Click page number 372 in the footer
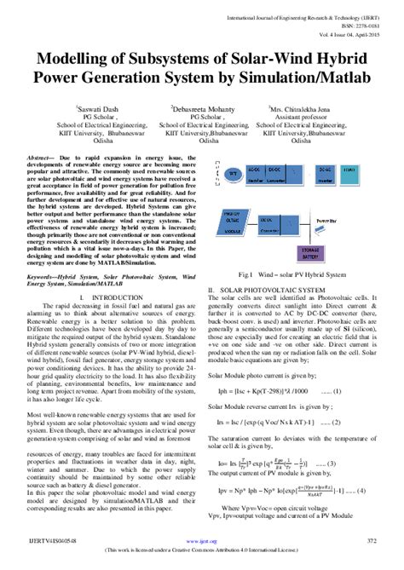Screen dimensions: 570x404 click(372, 551)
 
